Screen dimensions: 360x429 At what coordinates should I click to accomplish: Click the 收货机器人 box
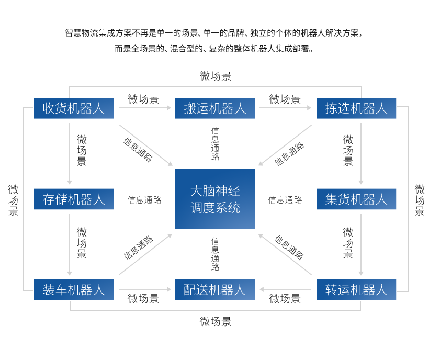tap(74, 108)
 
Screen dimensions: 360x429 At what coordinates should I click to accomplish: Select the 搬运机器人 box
tap(215, 108)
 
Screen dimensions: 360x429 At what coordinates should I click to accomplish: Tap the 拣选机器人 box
tap(356, 108)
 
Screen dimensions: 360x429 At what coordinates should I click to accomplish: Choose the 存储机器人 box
tap(74, 199)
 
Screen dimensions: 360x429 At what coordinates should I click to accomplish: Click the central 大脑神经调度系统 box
tap(215, 199)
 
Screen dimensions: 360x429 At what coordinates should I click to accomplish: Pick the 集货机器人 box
tap(356, 199)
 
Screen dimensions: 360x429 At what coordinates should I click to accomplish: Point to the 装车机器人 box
tap(74, 289)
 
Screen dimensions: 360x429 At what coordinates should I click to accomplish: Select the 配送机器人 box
tap(215, 289)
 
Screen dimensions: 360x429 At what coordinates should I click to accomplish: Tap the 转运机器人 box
tap(356, 289)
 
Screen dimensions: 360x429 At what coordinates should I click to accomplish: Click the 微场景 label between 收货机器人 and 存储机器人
tap(82, 150)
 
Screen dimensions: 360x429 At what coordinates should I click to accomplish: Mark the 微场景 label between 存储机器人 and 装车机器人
tap(82, 243)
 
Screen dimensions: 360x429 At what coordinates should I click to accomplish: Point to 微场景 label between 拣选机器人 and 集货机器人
tap(348, 150)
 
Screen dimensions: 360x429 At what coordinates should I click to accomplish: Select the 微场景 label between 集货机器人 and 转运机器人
tap(348, 243)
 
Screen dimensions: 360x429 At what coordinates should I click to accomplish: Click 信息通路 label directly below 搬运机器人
tap(215, 143)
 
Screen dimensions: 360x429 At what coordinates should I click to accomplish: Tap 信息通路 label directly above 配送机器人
tap(215, 254)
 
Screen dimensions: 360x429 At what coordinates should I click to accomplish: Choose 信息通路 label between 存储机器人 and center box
tap(144, 199)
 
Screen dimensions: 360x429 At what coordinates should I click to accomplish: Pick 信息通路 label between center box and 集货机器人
tap(285, 199)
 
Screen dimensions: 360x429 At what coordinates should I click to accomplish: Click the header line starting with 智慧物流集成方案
tap(213, 33)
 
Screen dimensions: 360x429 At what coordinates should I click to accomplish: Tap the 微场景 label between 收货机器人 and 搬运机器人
tap(143, 99)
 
